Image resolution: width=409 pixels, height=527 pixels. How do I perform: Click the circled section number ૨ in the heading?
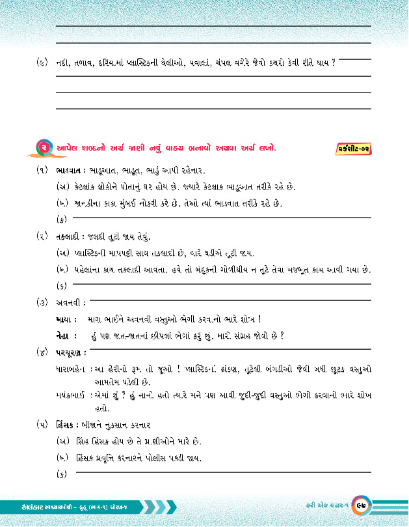click(x=44, y=148)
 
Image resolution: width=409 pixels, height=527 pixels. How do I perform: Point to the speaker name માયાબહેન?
click(x=72, y=369)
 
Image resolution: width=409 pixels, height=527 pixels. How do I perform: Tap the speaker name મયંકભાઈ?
click(x=72, y=395)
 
